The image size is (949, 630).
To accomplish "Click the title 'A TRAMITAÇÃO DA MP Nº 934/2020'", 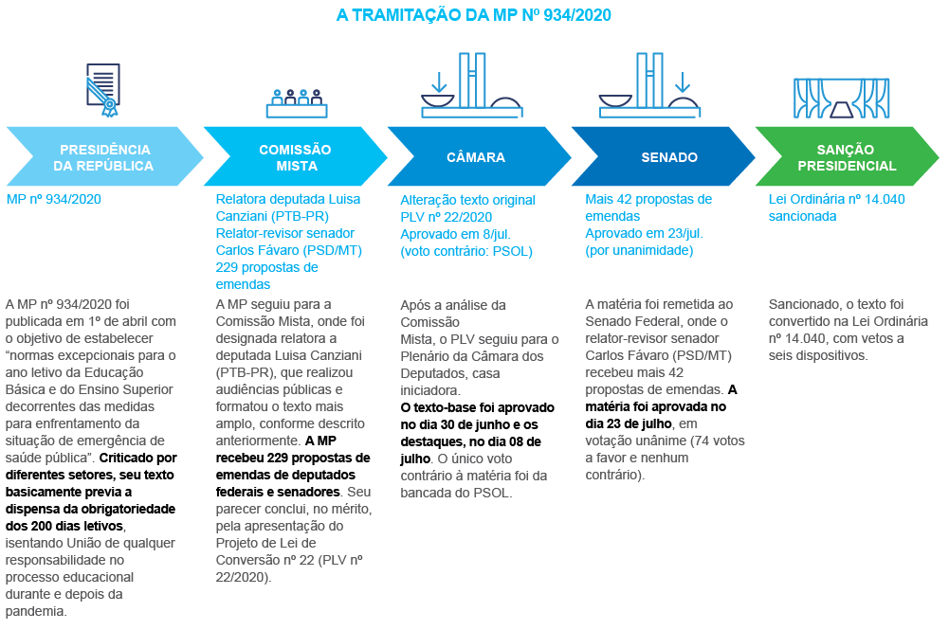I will click(474, 15).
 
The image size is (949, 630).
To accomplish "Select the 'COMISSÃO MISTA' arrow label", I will click(295, 157).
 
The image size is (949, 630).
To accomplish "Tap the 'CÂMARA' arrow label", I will click(476, 157).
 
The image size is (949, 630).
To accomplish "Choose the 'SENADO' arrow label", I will click(668, 157).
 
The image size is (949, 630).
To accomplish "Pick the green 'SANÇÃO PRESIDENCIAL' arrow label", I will click(846, 157).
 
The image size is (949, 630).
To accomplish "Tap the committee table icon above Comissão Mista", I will click(297, 101).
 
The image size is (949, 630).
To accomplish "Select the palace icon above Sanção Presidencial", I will click(841, 98).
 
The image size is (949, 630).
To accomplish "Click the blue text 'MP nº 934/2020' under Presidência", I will click(53, 200).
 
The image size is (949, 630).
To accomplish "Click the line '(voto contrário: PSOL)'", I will click(465, 251).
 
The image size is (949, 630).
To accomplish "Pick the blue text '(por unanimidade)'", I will click(638, 250).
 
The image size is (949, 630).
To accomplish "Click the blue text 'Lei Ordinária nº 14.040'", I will click(836, 200).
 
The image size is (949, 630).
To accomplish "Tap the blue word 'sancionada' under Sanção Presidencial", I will click(801, 216).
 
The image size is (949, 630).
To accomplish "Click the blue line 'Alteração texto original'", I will click(467, 201).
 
